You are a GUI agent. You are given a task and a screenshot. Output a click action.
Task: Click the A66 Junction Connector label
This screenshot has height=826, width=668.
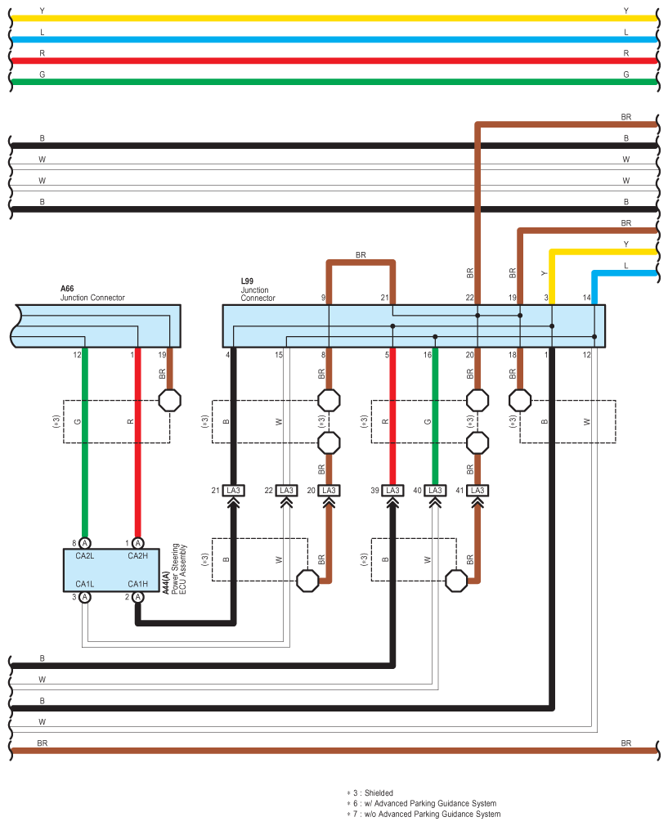[92, 293]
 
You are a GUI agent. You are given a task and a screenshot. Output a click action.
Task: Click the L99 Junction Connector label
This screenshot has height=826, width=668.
[258, 290]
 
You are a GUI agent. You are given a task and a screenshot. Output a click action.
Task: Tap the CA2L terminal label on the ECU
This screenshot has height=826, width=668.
[85, 556]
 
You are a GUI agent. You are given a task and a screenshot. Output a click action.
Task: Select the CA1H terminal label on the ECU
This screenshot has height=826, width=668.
[137, 584]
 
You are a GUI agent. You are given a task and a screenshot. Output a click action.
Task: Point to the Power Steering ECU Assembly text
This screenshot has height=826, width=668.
[179, 569]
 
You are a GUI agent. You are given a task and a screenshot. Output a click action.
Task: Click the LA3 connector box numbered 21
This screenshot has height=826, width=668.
[233, 491]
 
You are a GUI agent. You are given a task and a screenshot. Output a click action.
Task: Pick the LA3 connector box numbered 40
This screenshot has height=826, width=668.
[435, 491]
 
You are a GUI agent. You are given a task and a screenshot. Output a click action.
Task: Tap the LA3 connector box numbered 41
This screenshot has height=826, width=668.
[477, 491]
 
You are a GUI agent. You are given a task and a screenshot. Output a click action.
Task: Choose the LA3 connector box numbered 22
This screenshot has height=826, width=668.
[286, 491]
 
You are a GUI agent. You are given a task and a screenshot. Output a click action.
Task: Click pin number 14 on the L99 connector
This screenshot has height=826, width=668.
[586, 298]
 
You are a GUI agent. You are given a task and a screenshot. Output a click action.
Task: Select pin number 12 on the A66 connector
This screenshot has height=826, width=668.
[77, 355]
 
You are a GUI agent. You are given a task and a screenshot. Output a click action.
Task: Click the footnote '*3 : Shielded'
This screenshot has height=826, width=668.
[370, 792]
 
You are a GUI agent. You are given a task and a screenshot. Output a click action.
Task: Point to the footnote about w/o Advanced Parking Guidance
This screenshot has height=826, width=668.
[424, 814]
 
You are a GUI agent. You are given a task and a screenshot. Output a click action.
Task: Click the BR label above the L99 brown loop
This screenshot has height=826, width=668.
[361, 255]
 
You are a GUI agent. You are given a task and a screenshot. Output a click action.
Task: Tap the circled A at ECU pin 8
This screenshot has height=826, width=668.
[85, 543]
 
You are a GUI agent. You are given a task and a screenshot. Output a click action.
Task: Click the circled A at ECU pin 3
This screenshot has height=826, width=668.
[85, 597]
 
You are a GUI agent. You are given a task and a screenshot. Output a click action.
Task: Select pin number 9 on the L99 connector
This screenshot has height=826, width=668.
[324, 298]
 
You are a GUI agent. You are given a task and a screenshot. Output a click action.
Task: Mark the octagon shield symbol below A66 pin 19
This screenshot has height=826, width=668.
[169, 401]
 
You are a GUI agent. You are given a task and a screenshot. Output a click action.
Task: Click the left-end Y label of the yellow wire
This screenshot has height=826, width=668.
[43, 11]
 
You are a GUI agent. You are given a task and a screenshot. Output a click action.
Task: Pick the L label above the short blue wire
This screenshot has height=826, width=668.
[625, 266]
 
